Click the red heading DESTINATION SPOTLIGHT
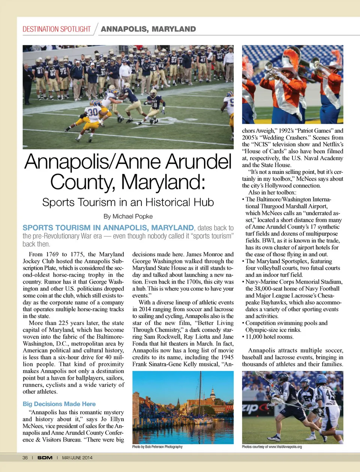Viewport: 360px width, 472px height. click(x=57, y=29)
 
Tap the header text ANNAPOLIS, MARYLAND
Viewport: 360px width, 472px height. click(x=148, y=29)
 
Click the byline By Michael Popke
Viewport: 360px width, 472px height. click(x=128, y=216)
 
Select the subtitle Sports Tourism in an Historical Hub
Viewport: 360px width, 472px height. click(x=128, y=202)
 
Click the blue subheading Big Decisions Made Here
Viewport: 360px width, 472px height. click(x=59, y=404)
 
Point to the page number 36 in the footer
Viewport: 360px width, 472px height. click(x=25, y=458)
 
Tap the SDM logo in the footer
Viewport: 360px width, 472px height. click(x=45, y=458)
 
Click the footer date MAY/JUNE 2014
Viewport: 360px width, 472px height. click(x=77, y=458)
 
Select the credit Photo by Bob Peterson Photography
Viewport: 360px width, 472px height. click(x=157, y=447)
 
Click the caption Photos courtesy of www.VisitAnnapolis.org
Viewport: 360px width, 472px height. click(x=272, y=447)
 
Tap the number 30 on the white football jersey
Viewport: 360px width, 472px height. click(x=93, y=112)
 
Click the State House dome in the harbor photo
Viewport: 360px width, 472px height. click(x=213, y=393)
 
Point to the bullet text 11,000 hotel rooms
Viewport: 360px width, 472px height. click(x=270, y=337)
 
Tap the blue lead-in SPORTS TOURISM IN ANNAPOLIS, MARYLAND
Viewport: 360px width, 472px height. click(x=108, y=228)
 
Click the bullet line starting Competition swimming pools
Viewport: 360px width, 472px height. click(x=286, y=323)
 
